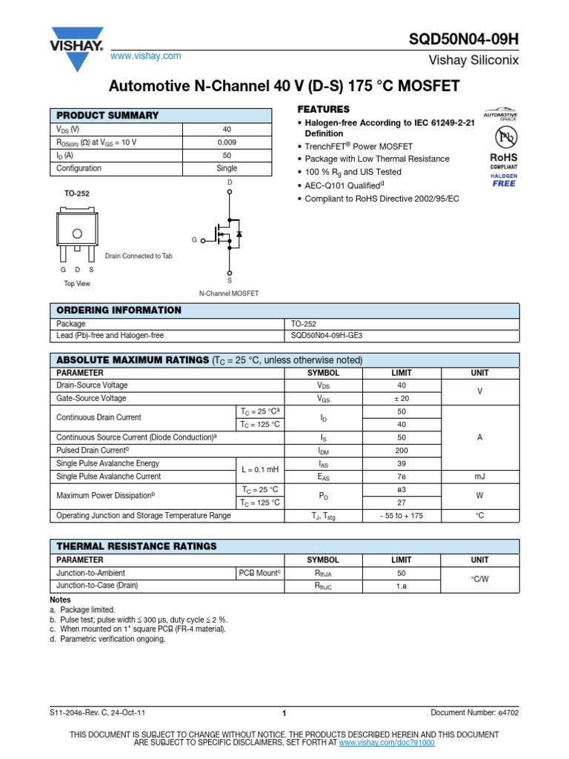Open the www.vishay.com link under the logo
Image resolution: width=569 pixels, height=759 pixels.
[x=145, y=56]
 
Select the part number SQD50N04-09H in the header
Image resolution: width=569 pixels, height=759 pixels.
[x=464, y=38]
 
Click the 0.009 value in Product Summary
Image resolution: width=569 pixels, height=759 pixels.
[x=227, y=142]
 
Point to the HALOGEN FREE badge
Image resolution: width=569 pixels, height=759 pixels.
[x=504, y=179]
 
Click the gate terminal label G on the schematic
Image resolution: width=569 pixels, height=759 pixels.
[x=194, y=240]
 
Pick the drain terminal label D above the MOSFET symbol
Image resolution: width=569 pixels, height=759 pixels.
[x=229, y=182]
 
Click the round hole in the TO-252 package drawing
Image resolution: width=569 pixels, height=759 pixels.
[x=77, y=233]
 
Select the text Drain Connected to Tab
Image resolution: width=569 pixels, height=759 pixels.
[x=139, y=256]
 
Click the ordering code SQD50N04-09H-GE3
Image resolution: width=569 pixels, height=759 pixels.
[x=327, y=335]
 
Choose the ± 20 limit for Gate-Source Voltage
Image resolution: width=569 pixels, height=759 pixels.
[x=402, y=398]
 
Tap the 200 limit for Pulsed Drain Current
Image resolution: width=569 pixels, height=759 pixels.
[x=402, y=450]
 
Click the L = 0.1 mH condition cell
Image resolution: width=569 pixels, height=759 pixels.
[x=260, y=470]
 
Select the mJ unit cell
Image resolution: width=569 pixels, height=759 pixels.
[x=479, y=477]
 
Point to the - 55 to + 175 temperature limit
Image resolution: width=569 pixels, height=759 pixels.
[x=402, y=515]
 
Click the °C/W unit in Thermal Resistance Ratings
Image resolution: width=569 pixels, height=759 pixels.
[x=479, y=579]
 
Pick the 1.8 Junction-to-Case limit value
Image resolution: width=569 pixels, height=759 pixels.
[x=402, y=586]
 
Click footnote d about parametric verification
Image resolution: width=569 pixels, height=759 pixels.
[x=107, y=639]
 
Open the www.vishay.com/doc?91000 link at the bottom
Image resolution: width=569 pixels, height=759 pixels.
[x=387, y=742]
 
